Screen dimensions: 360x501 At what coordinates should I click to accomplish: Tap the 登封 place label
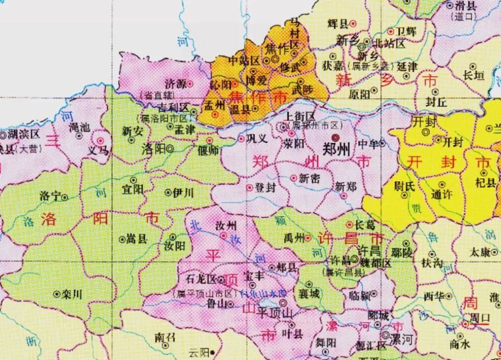tap(265, 188)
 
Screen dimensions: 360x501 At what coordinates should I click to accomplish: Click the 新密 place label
tap(309, 177)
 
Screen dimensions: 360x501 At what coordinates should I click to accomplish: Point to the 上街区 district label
tap(300, 116)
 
